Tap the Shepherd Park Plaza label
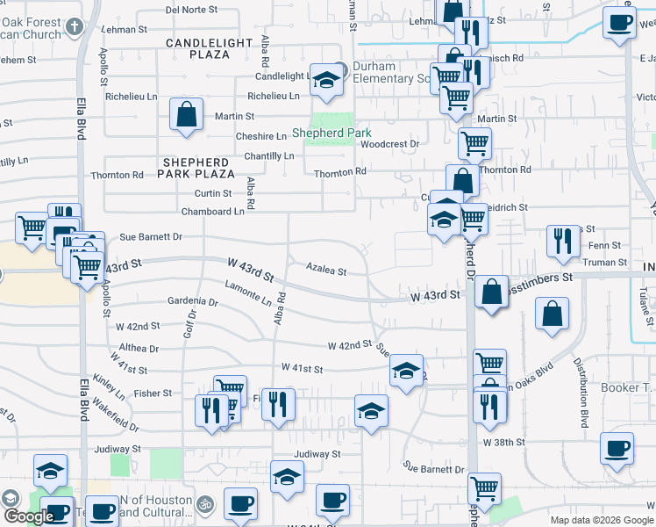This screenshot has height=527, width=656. coord(197,169)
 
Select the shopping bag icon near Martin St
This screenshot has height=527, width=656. coord(187,115)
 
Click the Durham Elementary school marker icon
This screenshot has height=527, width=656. coord(326,81)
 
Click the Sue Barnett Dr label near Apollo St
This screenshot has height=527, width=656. coord(151,237)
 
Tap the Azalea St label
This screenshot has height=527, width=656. coord(326,271)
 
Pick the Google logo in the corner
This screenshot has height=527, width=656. coord(29,516)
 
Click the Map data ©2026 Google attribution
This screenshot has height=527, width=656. coord(602,520)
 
